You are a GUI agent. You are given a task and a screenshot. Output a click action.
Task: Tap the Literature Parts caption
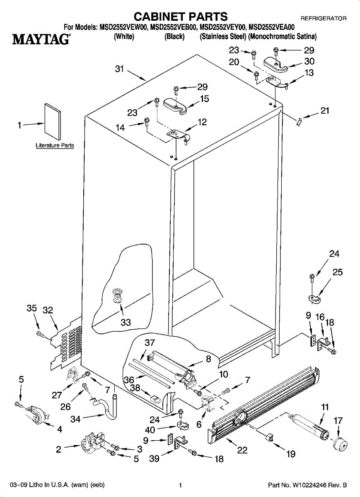pos(55,145)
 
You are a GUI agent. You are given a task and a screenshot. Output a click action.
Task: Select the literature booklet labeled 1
pos(53,123)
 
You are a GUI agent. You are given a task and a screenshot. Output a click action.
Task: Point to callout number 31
pos(120,70)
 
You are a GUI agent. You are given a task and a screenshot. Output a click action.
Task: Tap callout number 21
pos(325,111)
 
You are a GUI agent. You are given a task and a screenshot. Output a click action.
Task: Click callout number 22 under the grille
pos(242,451)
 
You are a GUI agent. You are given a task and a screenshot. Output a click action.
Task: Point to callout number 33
pos(126,322)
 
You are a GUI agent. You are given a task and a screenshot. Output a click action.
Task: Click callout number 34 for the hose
pos(75,419)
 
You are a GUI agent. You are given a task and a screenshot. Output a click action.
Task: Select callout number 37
pos(150,343)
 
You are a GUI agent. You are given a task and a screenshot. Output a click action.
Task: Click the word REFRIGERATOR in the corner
pos(323,19)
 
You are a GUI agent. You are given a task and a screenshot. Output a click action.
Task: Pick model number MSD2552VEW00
pos(123,28)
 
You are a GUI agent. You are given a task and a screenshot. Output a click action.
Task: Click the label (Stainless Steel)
pos(223,36)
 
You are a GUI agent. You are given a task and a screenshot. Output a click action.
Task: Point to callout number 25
pos(337,272)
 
